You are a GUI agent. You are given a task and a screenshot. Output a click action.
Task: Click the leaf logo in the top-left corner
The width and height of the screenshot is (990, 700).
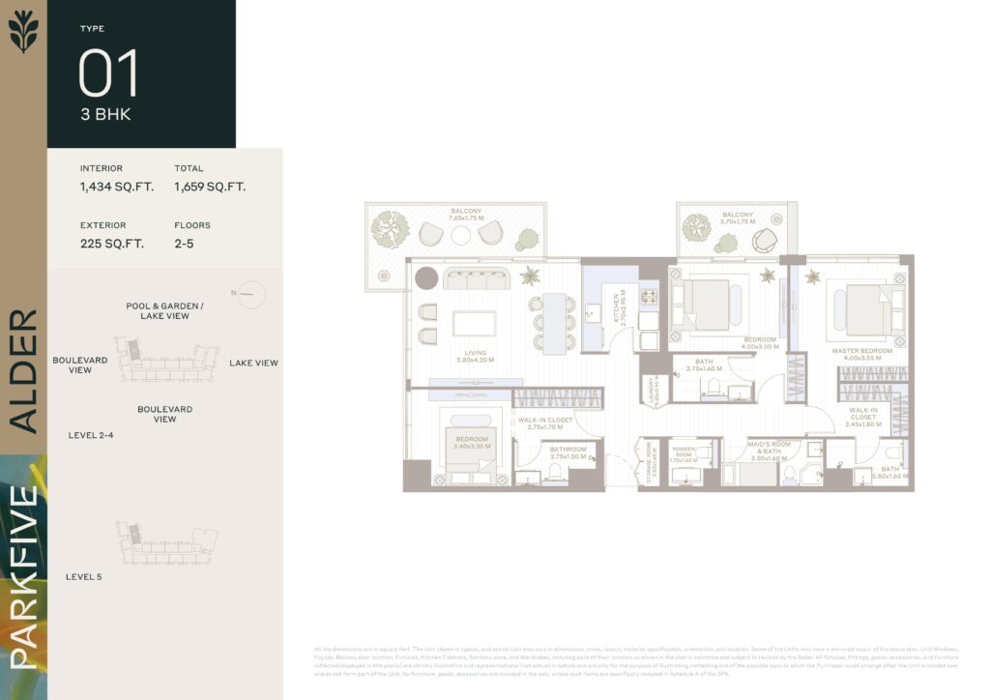click(23, 30)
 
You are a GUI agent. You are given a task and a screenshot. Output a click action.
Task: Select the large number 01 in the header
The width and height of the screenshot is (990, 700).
click(108, 73)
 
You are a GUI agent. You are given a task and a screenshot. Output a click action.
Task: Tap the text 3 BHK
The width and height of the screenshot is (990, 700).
click(105, 114)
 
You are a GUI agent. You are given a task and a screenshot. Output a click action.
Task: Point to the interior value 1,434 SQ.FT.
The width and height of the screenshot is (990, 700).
click(117, 187)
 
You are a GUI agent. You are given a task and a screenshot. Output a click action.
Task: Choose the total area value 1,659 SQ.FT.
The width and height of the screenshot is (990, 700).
click(210, 187)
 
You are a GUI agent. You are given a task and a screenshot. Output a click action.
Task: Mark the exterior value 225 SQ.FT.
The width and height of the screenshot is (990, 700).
click(112, 244)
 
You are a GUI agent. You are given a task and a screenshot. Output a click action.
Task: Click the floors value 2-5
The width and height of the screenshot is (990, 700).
click(186, 244)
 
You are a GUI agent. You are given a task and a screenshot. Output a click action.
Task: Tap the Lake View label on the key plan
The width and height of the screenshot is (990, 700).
click(253, 364)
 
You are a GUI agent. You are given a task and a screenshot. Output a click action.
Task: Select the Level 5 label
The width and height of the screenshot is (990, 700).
click(84, 577)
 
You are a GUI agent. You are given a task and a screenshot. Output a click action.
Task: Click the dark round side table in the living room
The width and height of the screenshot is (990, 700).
click(426, 278)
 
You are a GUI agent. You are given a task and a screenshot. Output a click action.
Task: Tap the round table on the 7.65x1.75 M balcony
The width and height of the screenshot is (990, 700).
click(461, 235)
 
